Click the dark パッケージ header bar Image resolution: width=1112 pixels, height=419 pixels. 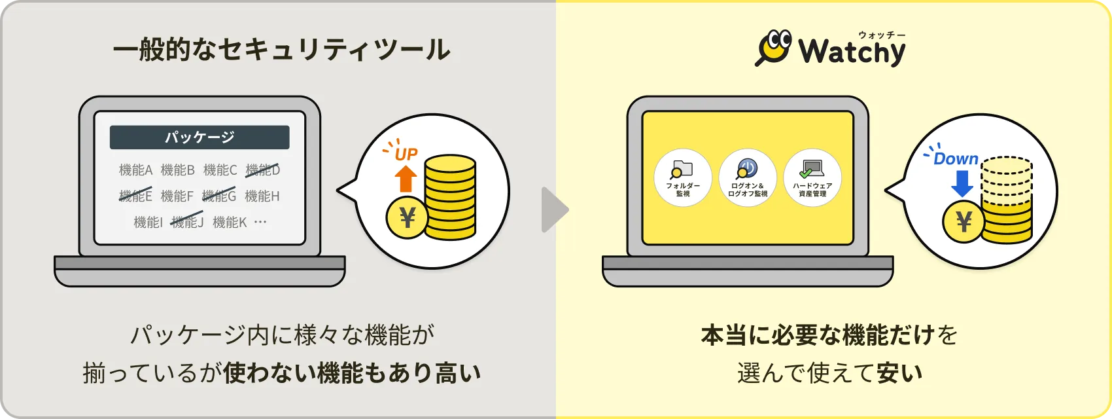pyautogui.click(x=200, y=137)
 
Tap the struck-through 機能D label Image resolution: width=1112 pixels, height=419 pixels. pyautogui.click(x=262, y=170)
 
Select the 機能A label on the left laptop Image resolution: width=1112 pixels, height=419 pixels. pyautogui.click(x=135, y=170)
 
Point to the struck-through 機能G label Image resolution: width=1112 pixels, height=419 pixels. pyautogui.click(x=219, y=196)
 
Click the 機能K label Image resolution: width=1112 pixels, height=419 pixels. pyautogui.click(x=230, y=222)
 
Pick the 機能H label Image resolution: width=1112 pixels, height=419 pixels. pyautogui.click(x=262, y=196)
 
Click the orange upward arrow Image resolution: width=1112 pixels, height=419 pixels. pyautogui.click(x=406, y=179)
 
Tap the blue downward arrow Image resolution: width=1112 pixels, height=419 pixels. pyautogui.click(x=962, y=183)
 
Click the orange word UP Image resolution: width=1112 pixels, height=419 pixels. pyautogui.click(x=406, y=154)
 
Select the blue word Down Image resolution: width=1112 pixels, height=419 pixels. pyautogui.click(x=956, y=158)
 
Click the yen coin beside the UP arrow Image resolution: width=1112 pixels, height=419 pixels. pyautogui.click(x=408, y=217)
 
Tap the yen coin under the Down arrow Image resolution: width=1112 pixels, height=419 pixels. pyautogui.click(x=964, y=222)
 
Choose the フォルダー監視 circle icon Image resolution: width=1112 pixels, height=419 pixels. pyautogui.click(x=683, y=177)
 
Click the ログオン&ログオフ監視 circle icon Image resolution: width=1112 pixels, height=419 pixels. pyautogui.click(x=748, y=177)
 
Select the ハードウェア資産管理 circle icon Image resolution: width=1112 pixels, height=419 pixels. pyautogui.click(x=812, y=177)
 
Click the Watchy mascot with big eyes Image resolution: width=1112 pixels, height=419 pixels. pyautogui.click(x=774, y=47)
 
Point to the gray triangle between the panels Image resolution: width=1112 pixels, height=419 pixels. pyautogui.click(x=555, y=209)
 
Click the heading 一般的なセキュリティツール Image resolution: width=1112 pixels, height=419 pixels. pyautogui.click(x=281, y=50)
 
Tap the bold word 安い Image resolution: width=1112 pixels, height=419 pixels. pyautogui.click(x=899, y=373)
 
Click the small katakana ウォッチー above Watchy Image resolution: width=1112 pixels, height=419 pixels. pyautogui.click(x=882, y=35)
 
